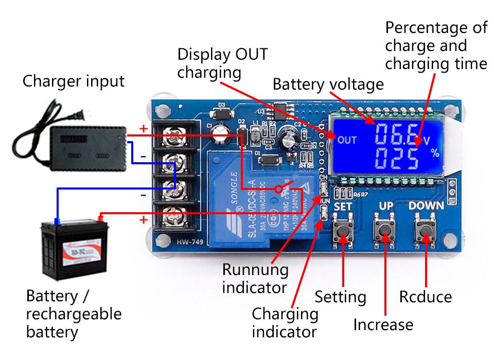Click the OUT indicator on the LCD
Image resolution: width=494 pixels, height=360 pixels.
347,140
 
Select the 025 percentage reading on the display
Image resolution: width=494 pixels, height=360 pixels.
397,159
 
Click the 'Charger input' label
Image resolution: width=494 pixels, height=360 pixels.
73,81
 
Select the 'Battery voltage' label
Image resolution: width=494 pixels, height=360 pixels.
328,84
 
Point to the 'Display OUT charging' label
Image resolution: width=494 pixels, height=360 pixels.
222,63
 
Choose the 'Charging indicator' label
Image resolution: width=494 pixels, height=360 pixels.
285,322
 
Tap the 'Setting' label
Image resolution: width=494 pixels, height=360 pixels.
340,297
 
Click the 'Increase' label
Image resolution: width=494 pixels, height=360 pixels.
383,324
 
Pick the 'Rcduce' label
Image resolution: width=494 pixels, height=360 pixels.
425,297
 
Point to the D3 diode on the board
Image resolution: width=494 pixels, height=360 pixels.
222,111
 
